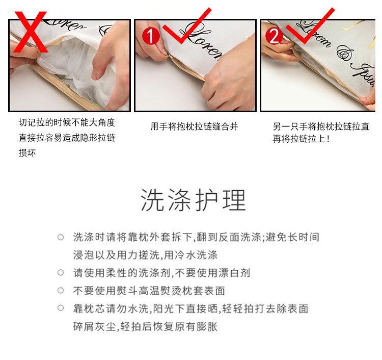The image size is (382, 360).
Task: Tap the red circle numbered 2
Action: (274, 36)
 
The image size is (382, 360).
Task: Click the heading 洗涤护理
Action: (193, 200)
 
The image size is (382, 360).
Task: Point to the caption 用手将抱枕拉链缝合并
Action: (194, 126)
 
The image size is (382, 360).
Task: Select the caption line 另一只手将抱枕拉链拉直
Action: (321, 126)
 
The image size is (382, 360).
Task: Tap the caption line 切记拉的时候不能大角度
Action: (67, 123)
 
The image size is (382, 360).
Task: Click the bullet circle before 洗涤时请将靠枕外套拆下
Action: (61, 237)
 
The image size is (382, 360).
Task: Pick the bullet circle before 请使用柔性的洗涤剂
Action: (61, 273)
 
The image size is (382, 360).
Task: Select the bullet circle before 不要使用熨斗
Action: (61, 291)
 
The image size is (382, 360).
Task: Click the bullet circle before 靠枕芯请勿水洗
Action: (61, 308)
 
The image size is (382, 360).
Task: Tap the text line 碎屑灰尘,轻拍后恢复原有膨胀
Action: (145, 326)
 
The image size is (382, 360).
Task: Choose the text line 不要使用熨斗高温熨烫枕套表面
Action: (149, 291)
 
